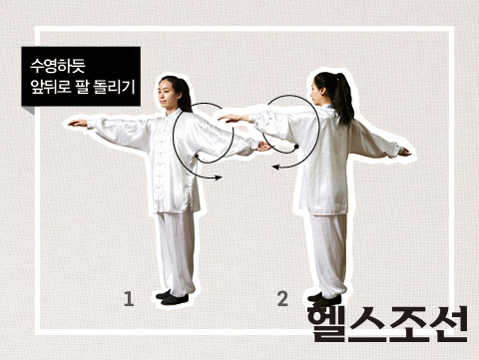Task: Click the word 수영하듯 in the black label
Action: tap(58, 66)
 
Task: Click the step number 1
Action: tap(129, 298)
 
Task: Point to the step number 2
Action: tap(282, 298)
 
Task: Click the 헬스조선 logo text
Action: tap(387, 324)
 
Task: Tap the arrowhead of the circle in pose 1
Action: tap(219, 178)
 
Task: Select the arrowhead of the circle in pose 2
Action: tap(275, 167)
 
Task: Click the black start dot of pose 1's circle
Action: tap(197, 156)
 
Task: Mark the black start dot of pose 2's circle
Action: tap(296, 147)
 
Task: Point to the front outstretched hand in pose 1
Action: tap(78, 123)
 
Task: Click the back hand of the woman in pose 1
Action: tap(264, 146)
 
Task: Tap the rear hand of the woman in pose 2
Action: tap(404, 153)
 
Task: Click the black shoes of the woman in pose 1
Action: tap(172, 297)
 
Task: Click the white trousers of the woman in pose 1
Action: tap(176, 252)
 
